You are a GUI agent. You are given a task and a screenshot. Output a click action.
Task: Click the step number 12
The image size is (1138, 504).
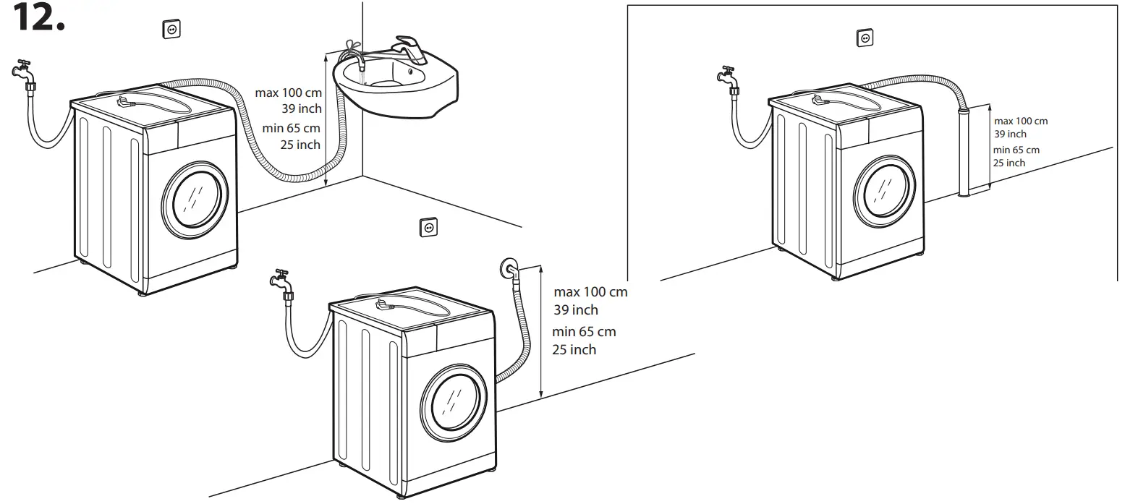[x=38, y=17]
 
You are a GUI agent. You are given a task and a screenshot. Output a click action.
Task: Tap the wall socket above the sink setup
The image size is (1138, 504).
[x=171, y=29]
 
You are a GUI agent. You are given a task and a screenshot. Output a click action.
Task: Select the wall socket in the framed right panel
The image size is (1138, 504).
[x=865, y=38]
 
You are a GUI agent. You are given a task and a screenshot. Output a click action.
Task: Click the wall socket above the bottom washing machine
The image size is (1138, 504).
[x=428, y=228]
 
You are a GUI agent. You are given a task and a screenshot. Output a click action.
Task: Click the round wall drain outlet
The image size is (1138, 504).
[x=508, y=268]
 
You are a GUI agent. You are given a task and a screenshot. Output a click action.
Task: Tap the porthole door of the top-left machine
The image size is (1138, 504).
[x=195, y=200]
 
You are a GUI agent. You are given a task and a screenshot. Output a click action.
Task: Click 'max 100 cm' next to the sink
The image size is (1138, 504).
[x=289, y=93]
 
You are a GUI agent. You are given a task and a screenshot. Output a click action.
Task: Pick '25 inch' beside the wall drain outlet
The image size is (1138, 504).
[x=574, y=350]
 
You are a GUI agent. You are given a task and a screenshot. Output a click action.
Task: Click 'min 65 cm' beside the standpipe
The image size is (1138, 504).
[x=1016, y=150]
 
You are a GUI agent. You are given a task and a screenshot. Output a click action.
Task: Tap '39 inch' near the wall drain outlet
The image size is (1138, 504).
[x=576, y=310]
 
